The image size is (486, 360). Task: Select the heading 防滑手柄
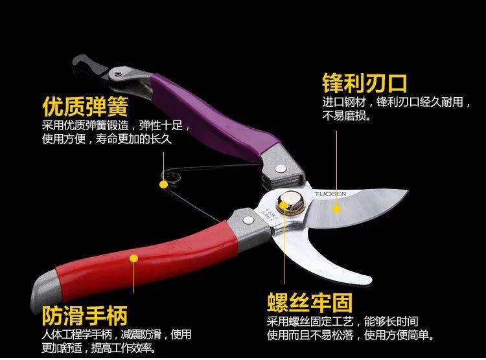point(84,316)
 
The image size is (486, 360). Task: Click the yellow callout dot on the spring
point(163,184)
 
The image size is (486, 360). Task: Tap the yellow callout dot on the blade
point(337,208)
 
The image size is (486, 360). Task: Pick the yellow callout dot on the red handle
point(134,258)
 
